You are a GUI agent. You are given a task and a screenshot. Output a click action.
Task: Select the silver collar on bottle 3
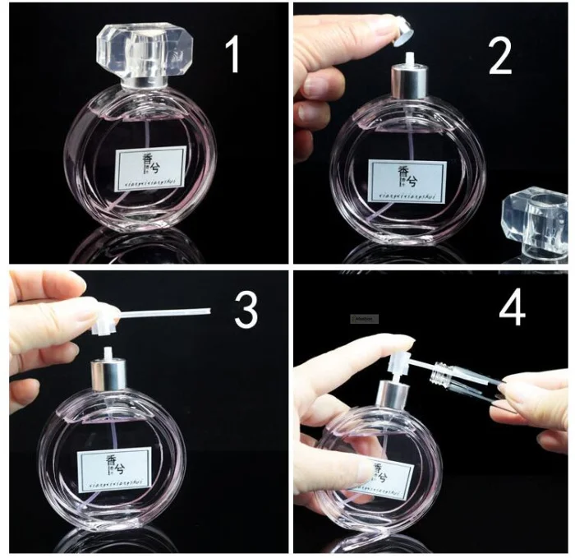click(113, 376)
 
